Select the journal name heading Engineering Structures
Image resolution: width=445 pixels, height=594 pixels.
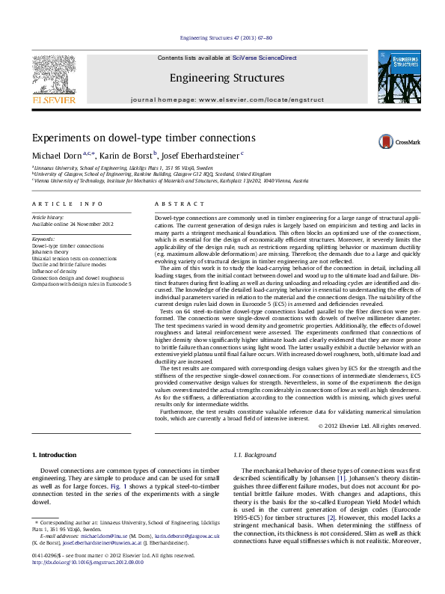[x=227, y=78]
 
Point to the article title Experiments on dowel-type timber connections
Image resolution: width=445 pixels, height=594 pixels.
[x=143, y=138]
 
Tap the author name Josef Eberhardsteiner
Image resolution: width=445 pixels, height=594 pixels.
[x=199, y=155]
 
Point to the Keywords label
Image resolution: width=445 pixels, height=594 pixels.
[x=44, y=239]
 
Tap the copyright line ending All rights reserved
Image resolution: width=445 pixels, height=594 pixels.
[x=369, y=426]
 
